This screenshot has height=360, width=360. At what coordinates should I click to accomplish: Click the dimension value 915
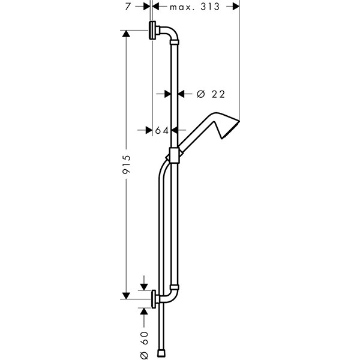click(127, 163)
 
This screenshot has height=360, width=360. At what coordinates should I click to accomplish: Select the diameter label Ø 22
click(209, 93)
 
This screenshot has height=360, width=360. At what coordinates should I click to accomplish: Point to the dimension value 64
click(161, 130)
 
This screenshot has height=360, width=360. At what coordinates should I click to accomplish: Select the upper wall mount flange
click(154, 29)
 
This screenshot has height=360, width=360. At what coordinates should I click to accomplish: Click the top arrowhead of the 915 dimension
click(127, 34)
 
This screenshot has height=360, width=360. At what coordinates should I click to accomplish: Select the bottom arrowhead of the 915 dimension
click(127, 295)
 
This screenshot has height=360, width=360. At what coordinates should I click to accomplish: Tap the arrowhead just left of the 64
click(149, 130)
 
